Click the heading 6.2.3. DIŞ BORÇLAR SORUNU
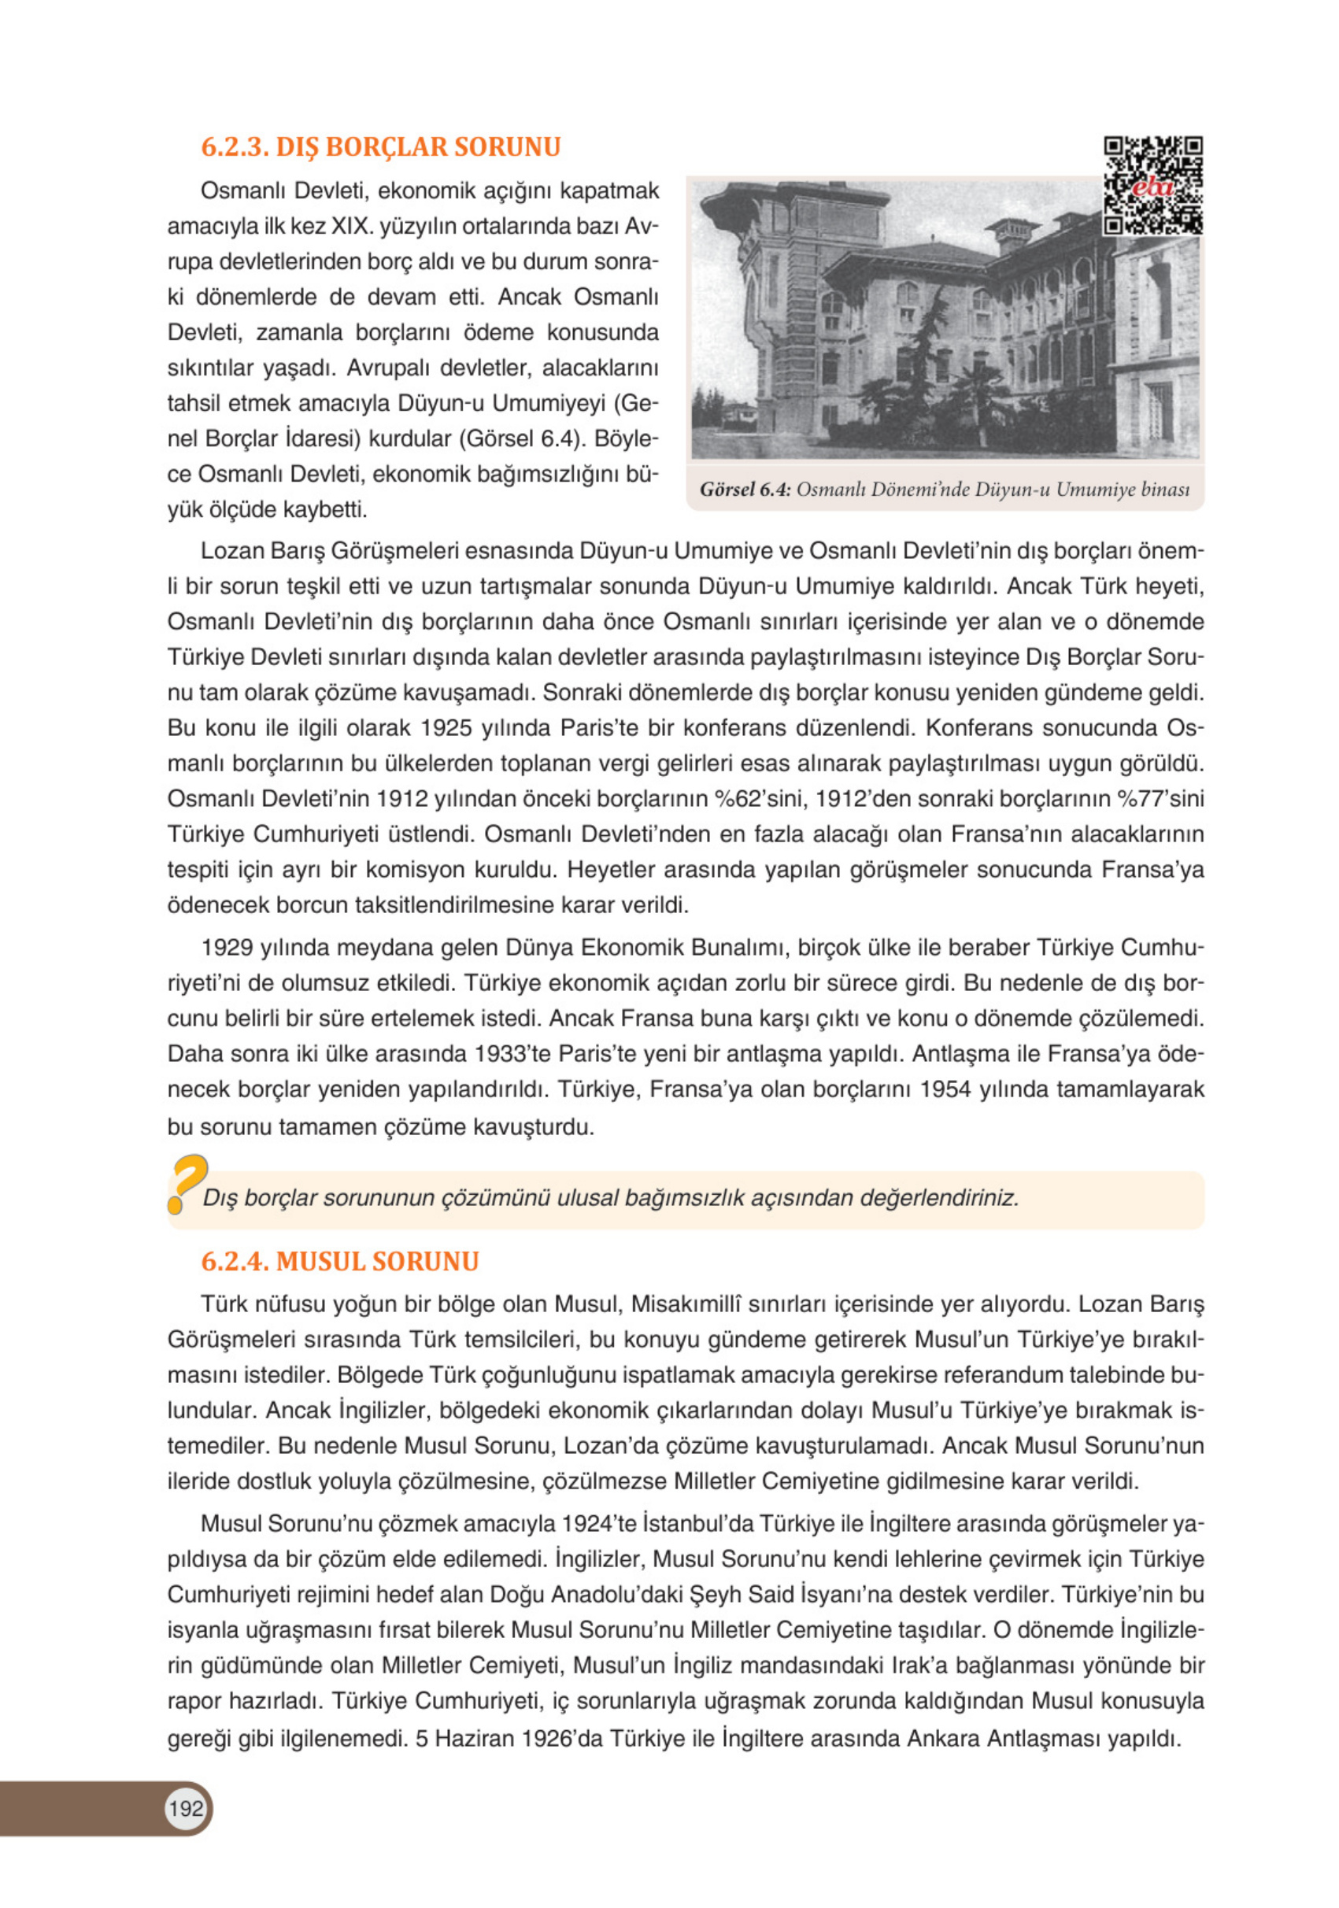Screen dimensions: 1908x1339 (380, 147)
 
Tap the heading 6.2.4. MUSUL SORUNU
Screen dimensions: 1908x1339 (339, 1261)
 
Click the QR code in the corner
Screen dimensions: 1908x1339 (1152, 186)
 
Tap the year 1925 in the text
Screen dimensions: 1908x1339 (450, 728)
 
